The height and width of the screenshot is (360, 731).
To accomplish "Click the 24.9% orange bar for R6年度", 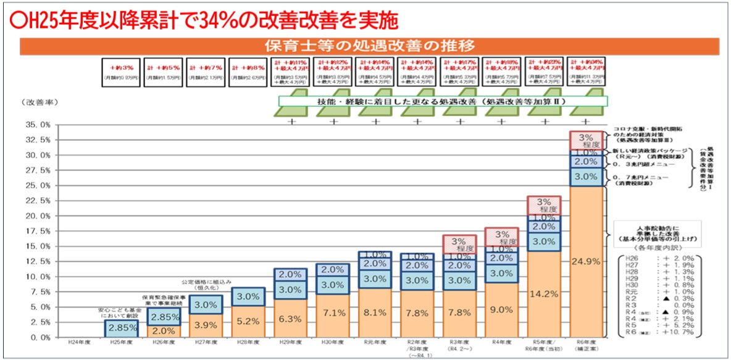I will click(586, 262).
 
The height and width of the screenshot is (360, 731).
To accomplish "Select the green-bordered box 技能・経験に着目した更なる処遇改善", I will click(443, 101).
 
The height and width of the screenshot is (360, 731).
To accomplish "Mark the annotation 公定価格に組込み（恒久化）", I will click(207, 285).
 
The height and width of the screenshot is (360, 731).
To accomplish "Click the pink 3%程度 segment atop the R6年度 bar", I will click(586, 140).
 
